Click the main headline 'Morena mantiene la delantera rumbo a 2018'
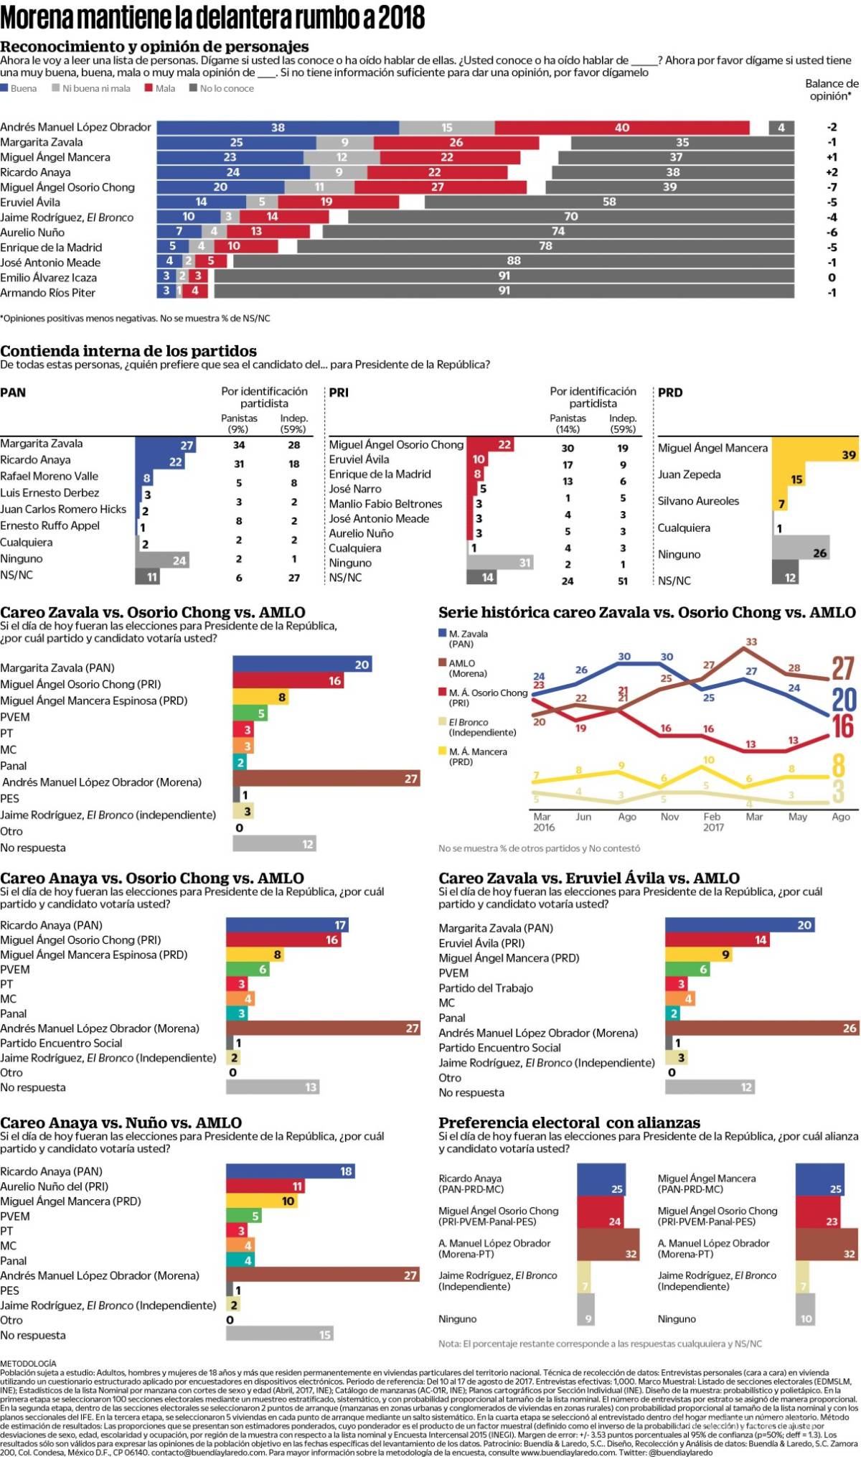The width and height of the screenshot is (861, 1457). pyautogui.click(x=212, y=17)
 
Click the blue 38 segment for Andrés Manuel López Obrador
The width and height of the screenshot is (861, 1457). pyautogui.click(x=278, y=128)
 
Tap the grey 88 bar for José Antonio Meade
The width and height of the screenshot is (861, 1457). pyautogui.click(x=513, y=261)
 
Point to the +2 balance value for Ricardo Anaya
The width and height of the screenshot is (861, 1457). pyautogui.click(x=832, y=172)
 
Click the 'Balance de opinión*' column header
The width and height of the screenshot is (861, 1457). pyautogui.click(x=831, y=90)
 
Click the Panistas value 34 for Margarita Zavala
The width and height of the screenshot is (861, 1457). pyautogui.click(x=239, y=445)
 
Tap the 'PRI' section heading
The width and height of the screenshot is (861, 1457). pyautogui.click(x=339, y=393)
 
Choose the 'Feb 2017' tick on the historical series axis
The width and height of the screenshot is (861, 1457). pyautogui.click(x=712, y=822)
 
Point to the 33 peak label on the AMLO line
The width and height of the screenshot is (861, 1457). pyautogui.click(x=751, y=642)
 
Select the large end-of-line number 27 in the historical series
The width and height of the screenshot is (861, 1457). pyautogui.click(x=842, y=668)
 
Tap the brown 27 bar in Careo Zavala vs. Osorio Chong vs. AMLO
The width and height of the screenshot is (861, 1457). pyautogui.click(x=326, y=779)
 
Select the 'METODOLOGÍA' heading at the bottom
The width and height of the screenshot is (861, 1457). pyautogui.click(x=28, y=1363)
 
